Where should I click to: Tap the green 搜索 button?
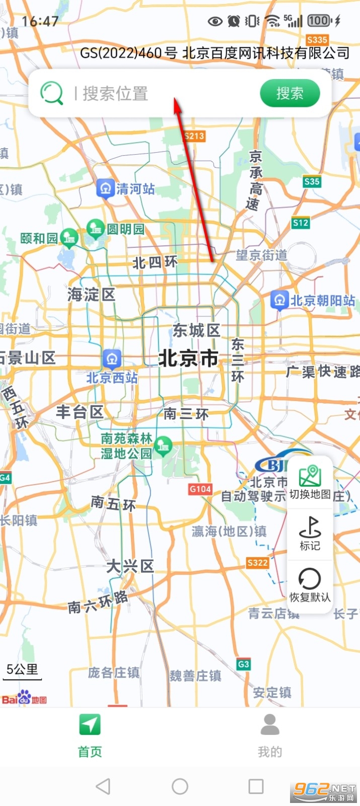coord(290,93)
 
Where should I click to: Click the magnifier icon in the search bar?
coord(51,93)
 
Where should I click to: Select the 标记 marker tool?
coord(310,533)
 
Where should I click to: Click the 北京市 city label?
coord(188,359)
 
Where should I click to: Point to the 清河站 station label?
coord(135,189)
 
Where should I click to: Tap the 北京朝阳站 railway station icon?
coord(279,300)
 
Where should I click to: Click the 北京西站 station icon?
coord(112,359)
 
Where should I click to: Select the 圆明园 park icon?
coord(95,229)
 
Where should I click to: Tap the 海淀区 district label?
coord(91,295)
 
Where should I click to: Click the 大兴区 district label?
coord(130,566)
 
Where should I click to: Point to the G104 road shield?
coord(200,489)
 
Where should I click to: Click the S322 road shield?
coord(257,563)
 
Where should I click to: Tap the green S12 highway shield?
coord(301,223)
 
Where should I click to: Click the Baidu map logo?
coord(24,698)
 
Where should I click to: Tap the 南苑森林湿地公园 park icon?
coord(163,446)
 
